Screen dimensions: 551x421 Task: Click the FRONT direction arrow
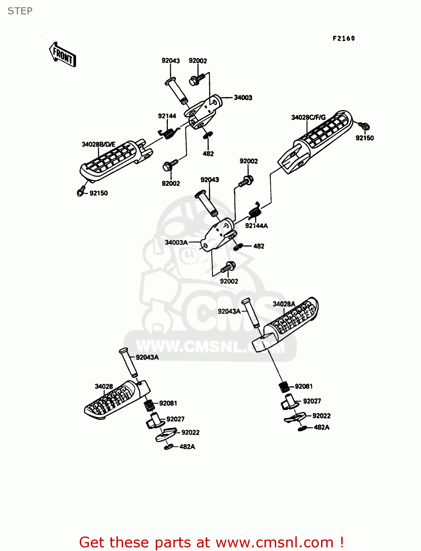tap(63, 54)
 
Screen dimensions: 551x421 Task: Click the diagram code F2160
tap(343, 38)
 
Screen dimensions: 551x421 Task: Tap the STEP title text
tap(20, 11)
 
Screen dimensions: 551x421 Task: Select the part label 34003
tap(243, 98)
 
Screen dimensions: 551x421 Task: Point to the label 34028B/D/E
tap(98, 144)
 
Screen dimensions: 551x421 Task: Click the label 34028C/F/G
tap(308, 118)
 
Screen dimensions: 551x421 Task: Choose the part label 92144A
tap(256, 226)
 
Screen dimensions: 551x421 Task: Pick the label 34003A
tap(176, 242)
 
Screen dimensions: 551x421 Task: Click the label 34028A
tap(284, 304)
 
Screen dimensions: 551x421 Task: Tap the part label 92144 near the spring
tap(167, 116)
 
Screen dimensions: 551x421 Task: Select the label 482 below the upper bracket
tap(208, 154)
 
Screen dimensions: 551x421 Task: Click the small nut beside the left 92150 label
tap(80, 192)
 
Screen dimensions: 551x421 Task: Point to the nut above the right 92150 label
tap(364, 126)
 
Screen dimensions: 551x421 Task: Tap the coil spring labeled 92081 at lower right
tap(283, 387)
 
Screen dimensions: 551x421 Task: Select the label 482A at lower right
tap(321, 427)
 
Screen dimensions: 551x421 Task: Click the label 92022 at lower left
tap(190, 433)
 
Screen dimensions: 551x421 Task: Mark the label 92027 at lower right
tap(312, 401)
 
